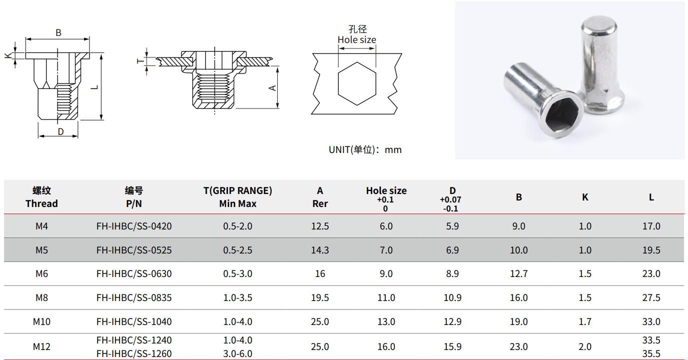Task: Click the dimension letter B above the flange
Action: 59,32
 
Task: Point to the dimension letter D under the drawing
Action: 61,131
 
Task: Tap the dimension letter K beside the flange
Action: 8,55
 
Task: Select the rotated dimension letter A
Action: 272,88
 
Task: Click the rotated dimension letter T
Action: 140,61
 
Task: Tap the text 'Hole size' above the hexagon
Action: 357,40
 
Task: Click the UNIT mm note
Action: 365,150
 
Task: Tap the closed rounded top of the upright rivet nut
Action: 599,24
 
